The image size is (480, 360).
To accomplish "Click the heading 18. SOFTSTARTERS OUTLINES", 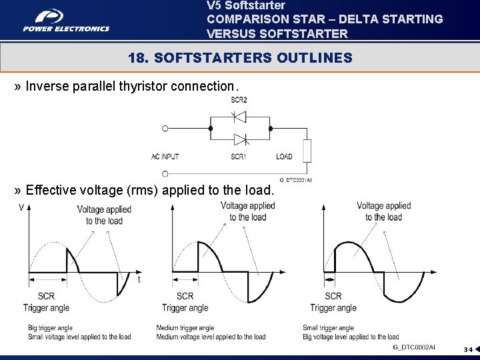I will point(240,58).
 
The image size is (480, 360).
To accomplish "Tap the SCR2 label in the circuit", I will point(239,100).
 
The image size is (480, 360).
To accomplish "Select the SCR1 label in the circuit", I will point(239,157).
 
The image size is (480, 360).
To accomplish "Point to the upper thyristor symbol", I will point(239,117).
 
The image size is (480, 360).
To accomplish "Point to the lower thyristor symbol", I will point(239,139).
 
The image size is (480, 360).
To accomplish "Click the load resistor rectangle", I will point(307,151).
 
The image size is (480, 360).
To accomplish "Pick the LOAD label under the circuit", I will point(284,157).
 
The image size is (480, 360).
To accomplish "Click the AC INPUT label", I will point(165,157).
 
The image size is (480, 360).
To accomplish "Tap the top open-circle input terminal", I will point(165,128).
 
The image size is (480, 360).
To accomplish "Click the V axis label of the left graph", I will point(21,208).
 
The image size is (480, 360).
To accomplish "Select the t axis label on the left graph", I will point(139,280).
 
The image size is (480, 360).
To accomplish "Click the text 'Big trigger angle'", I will point(50,328).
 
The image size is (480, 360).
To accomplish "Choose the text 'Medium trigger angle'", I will point(185,328).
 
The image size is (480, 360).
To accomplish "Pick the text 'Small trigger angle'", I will point(329,328).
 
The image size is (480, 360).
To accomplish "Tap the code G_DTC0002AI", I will point(413,347).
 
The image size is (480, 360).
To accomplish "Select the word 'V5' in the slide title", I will point(214,5).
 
